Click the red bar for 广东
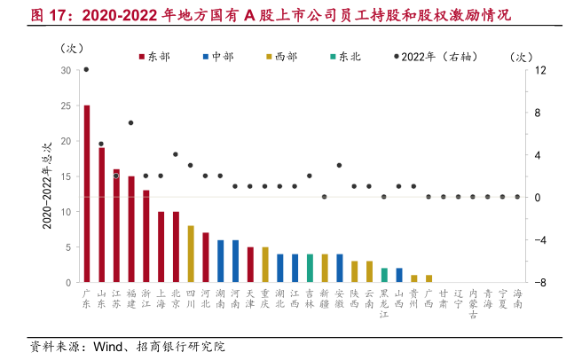coord(86,193)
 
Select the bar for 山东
coord(101,215)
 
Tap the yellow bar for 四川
coord(191,254)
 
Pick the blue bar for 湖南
coord(220,261)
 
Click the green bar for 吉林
coord(310,268)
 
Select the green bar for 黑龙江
coord(384,275)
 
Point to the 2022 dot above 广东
coord(86,69)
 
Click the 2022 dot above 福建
coord(130,123)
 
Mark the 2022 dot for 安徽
coord(340,165)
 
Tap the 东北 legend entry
coord(345,57)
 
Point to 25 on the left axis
coord(66,106)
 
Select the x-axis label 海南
coord(518,298)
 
